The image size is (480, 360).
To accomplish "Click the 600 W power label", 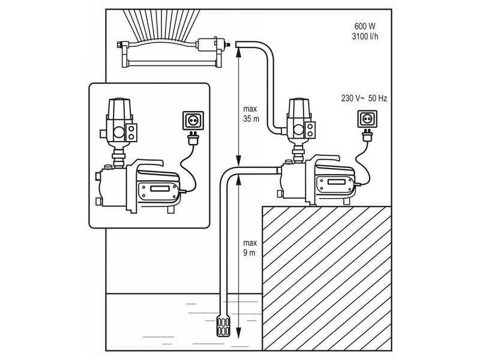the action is click(x=365, y=26).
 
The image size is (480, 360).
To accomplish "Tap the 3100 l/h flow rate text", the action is click(x=365, y=37).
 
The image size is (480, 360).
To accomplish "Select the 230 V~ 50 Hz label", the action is click(x=364, y=98).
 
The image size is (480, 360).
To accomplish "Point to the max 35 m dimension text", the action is click(x=251, y=113).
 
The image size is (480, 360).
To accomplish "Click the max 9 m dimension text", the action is click(x=250, y=248).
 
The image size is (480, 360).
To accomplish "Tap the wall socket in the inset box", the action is click(x=193, y=121).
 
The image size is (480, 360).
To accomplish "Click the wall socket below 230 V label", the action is click(x=367, y=119).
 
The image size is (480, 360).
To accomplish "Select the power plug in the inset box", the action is click(x=193, y=139).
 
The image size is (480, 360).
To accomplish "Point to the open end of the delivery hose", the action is click(x=238, y=45).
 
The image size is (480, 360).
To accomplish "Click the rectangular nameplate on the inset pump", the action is click(x=160, y=188).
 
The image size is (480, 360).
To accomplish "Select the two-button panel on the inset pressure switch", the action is click(x=131, y=132).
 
